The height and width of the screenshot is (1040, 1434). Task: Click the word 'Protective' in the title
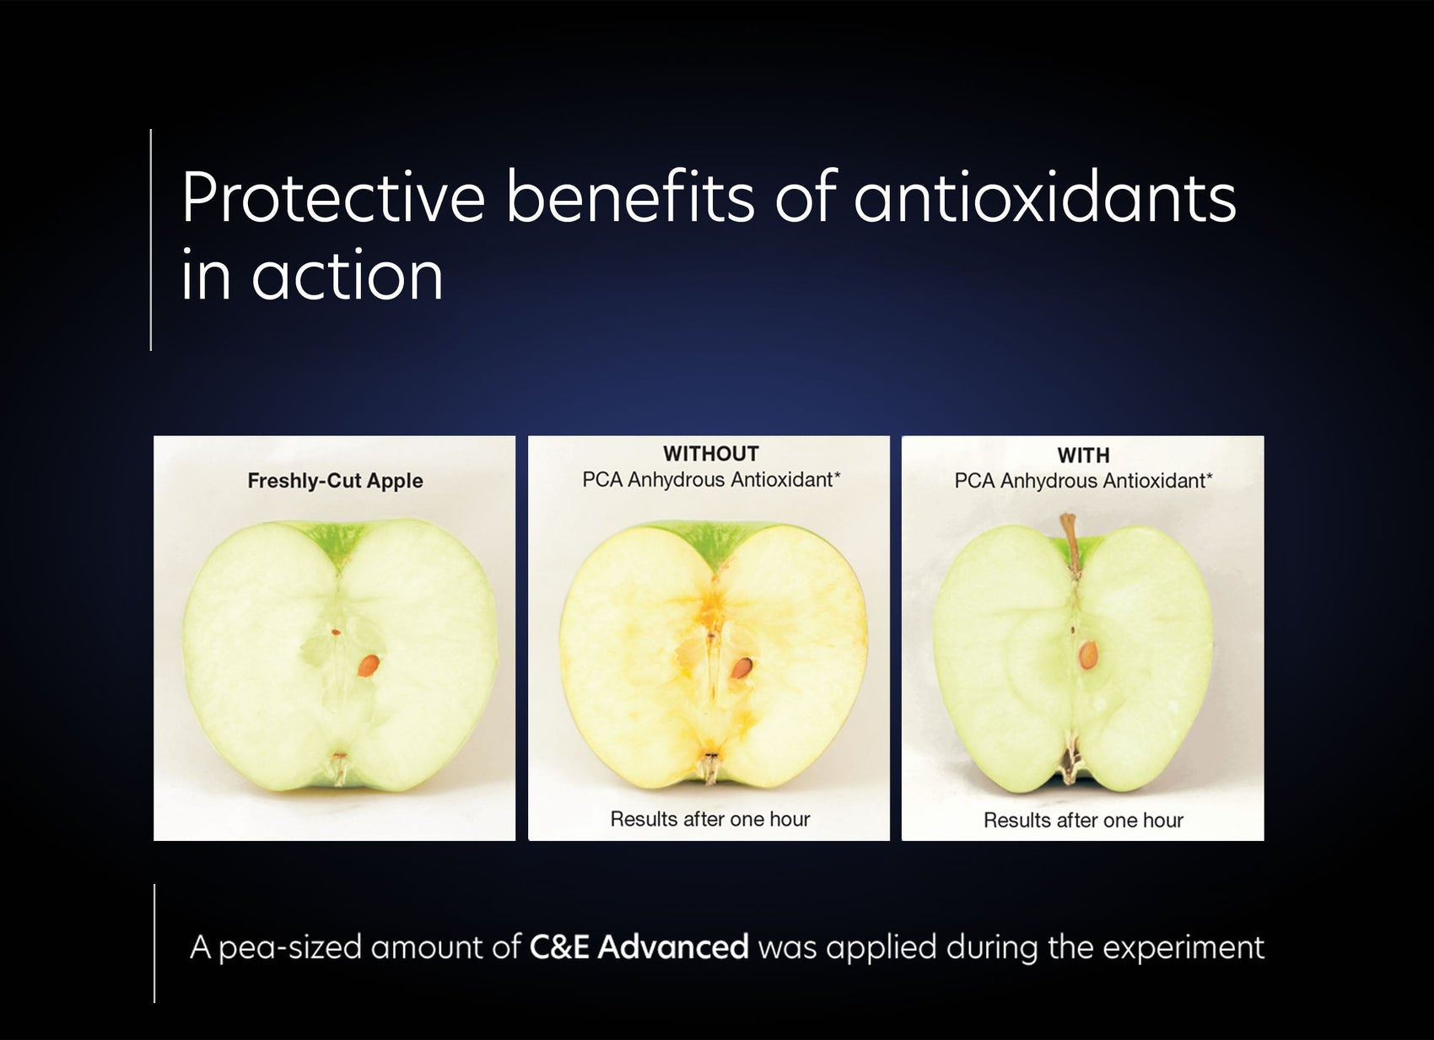[x=333, y=199]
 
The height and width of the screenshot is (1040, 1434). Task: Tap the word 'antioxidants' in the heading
[x=1044, y=199]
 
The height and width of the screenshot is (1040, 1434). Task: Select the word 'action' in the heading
[x=347, y=277]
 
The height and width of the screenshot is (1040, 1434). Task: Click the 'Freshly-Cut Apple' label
[x=335, y=481]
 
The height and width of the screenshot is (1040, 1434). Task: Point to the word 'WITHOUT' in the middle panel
[x=710, y=454]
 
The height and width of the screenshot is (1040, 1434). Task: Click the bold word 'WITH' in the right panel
[x=1083, y=455]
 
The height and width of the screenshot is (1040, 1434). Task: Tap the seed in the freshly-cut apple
[x=369, y=665]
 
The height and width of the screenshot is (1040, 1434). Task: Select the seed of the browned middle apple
[x=741, y=668]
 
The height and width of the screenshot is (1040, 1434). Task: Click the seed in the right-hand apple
[x=1088, y=655]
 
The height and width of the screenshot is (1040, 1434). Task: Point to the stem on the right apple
[x=1070, y=540]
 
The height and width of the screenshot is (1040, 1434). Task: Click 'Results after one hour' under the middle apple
[x=709, y=819]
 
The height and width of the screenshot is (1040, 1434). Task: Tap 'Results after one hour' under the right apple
[x=1083, y=820]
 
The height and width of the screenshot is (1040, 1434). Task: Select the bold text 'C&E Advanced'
[x=639, y=947]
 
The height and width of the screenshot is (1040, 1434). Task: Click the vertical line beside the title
[x=151, y=240]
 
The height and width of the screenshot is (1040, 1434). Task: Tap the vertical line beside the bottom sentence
[x=154, y=943]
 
